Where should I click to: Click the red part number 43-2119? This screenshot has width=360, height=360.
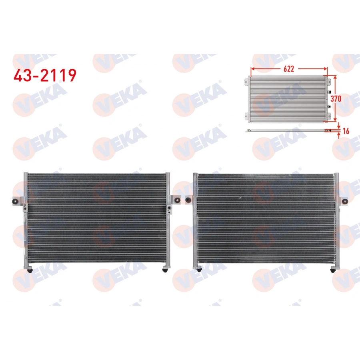pyautogui.click(x=45, y=75)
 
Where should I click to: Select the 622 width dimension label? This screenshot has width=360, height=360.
pyautogui.click(x=288, y=69)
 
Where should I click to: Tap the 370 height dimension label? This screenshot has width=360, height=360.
pyautogui.click(x=336, y=99)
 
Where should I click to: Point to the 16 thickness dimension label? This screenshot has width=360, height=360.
pyautogui.click(x=346, y=131)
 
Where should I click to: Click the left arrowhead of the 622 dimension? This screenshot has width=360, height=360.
pyautogui.click(x=253, y=69)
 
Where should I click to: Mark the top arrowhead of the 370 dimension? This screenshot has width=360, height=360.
pyautogui.click(x=335, y=78)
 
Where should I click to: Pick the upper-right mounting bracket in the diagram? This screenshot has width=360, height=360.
pyautogui.click(x=329, y=82)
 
